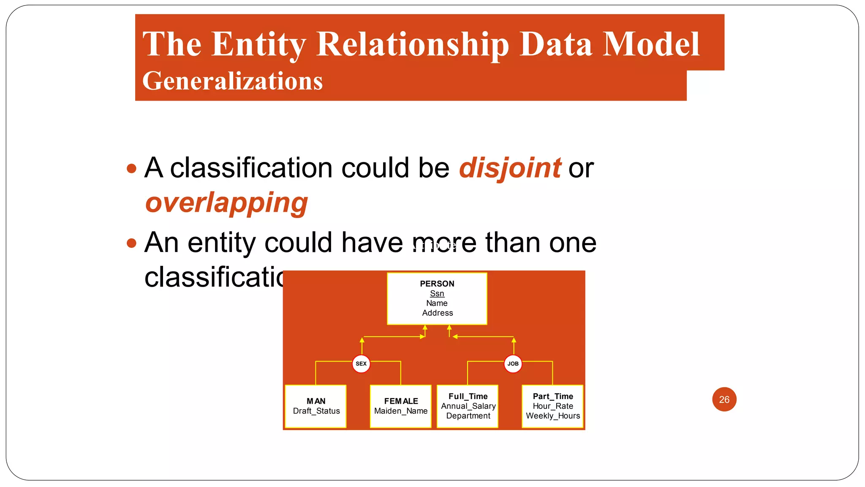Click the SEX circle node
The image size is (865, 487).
(x=361, y=364)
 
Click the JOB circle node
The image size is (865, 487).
(x=513, y=364)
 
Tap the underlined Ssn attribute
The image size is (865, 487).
(x=437, y=293)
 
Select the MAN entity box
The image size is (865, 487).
(x=316, y=406)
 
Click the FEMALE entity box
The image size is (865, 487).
(x=401, y=406)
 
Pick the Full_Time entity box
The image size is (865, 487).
(x=468, y=406)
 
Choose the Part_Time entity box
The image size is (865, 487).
(x=553, y=406)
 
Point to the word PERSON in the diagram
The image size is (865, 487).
(x=437, y=284)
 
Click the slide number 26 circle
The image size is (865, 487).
(x=724, y=399)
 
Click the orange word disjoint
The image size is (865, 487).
(x=510, y=168)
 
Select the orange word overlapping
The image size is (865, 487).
(x=226, y=202)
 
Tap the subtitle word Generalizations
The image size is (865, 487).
(x=232, y=81)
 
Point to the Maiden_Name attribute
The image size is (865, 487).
(x=401, y=411)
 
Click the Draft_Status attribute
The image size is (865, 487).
(x=316, y=411)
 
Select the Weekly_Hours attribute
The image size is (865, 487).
(x=553, y=416)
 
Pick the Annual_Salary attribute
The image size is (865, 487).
(x=468, y=406)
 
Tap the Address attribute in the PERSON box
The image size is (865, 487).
(x=437, y=313)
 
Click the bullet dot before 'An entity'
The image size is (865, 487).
(x=132, y=243)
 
